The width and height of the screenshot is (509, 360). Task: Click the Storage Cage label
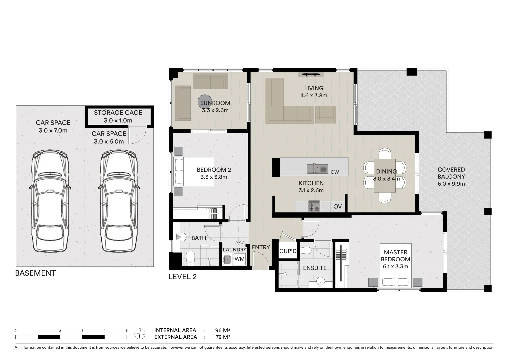[118, 113]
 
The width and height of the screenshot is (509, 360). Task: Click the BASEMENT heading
[35, 273]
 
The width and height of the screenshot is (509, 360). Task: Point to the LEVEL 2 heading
[182, 277]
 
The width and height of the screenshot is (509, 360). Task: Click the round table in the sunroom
[204, 102]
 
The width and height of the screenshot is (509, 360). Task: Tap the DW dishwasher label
[335, 172]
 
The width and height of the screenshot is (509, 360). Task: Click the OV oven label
[337, 207]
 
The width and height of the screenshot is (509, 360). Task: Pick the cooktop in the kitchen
[314, 206]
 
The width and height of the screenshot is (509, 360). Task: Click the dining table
[385, 175]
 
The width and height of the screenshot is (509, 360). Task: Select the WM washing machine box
[239, 259]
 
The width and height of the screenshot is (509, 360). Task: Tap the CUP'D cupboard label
[288, 251]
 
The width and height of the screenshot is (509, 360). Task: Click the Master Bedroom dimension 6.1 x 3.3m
[395, 266]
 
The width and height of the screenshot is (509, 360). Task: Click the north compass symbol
[140, 333]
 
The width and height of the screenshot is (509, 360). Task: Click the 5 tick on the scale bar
[127, 331]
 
